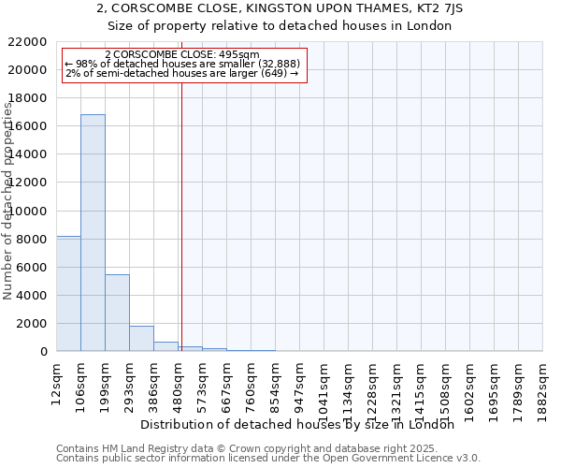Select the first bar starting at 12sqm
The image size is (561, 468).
click(68, 294)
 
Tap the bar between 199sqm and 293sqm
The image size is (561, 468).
click(117, 313)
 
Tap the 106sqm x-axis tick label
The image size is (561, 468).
click(81, 383)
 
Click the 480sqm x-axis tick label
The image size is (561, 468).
click(179, 383)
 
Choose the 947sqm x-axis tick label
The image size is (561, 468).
click(300, 383)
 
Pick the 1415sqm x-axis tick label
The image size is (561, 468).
click(422, 387)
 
